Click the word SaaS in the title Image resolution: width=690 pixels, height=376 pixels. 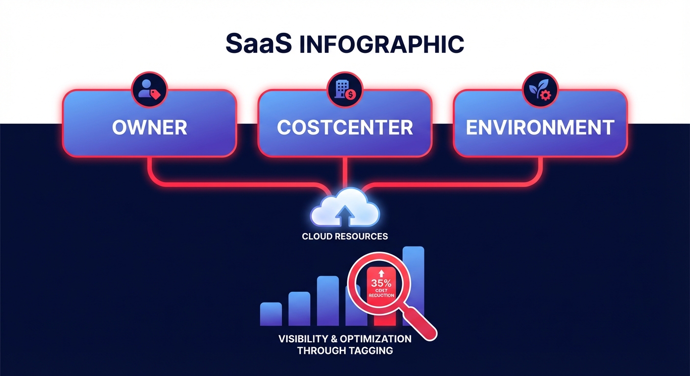click(258, 44)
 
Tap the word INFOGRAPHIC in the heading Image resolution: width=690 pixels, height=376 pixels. click(381, 45)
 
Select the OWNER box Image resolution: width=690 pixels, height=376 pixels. click(149, 127)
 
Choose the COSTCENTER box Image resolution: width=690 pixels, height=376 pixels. click(345, 127)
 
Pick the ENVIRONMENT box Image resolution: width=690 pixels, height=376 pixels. click(540, 127)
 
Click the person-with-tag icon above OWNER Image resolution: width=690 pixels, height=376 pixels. click(149, 90)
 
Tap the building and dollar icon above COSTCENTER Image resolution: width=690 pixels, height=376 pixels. click(345, 90)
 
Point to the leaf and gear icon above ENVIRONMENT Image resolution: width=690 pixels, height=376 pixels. click(540, 90)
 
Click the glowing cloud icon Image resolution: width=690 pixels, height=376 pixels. click(345, 211)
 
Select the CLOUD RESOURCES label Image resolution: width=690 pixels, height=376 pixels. click(345, 236)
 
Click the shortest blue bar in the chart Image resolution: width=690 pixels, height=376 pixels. click(271, 314)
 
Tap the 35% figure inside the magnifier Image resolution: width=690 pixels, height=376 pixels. click(381, 283)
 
